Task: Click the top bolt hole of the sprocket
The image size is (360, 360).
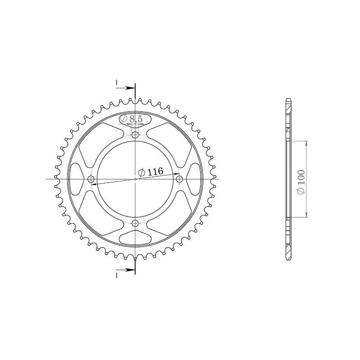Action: pyautogui.click(x=136, y=135)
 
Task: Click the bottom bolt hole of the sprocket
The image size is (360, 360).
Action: pyautogui.click(x=136, y=223)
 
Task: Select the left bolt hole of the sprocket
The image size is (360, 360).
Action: pyautogui.click(x=92, y=179)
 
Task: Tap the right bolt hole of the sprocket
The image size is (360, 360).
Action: pyautogui.click(x=179, y=179)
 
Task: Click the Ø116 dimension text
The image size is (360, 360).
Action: pyautogui.click(x=151, y=172)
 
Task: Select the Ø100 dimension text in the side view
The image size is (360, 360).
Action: pyautogui.click(x=301, y=182)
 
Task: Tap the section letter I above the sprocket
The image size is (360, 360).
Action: pyautogui.click(x=117, y=82)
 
